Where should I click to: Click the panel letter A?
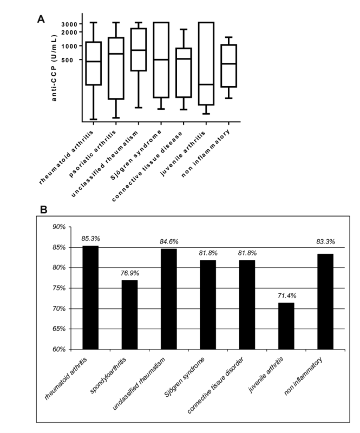pyautogui.click(x=41, y=19)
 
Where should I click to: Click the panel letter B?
pyautogui.click(x=43, y=209)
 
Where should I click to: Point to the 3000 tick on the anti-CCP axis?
pyautogui.click(x=69, y=24)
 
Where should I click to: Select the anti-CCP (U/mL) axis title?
pyautogui.click(x=54, y=68)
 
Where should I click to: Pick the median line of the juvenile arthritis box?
pyautogui.click(x=206, y=84)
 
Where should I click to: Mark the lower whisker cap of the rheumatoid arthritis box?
pyautogui.click(x=94, y=119)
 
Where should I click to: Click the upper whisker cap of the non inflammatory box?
pyautogui.click(x=228, y=37)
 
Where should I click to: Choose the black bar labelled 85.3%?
pyautogui.click(x=90, y=298)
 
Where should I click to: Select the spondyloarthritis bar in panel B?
pyautogui.click(x=129, y=315)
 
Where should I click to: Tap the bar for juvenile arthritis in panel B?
pyautogui.click(x=286, y=326)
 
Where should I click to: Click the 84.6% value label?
pyautogui.click(x=169, y=242)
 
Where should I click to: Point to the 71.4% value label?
pyautogui.click(x=286, y=296)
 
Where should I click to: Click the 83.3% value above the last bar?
pyautogui.click(x=325, y=242)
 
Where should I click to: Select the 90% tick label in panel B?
pyautogui.click(x=58, y=227)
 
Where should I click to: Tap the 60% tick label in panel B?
pyautogui.click(x=58, y=349)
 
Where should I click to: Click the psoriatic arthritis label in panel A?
pyautogui.click(x=92, y=154)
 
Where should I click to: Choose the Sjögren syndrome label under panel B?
pyautogui.click(x=185, y=377)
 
